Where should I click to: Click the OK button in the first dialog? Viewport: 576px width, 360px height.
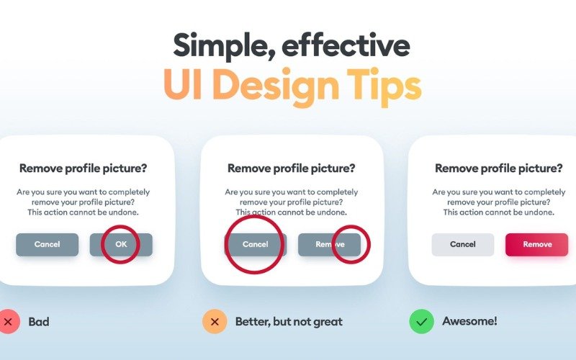tap(121, 245)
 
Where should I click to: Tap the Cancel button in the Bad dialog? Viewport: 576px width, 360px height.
tap(48, 245)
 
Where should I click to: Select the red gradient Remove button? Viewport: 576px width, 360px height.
tap(536, 245)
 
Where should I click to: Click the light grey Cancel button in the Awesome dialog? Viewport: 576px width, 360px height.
tap(463, 245)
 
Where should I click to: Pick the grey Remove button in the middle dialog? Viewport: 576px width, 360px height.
tap(330, 245)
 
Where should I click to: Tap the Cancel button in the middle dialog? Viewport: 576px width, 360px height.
tap(256, 245)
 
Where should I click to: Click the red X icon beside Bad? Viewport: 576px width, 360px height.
tap(9, 321)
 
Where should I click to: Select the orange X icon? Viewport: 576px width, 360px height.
tap(215, 321)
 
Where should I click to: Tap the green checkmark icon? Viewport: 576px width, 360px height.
tap(421, 321)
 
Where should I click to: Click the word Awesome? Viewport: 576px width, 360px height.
tap(469, 321)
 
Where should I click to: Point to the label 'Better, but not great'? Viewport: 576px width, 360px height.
tap(289, 322)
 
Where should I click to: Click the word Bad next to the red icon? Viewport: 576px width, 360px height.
tap(39, 322)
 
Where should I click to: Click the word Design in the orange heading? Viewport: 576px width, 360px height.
tap(274, 86)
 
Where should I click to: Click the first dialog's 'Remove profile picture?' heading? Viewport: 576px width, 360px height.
tap(84, 168)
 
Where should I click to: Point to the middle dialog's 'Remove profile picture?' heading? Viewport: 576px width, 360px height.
tap(291, 168)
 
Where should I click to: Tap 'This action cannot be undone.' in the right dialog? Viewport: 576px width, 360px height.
tap(498, 212)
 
